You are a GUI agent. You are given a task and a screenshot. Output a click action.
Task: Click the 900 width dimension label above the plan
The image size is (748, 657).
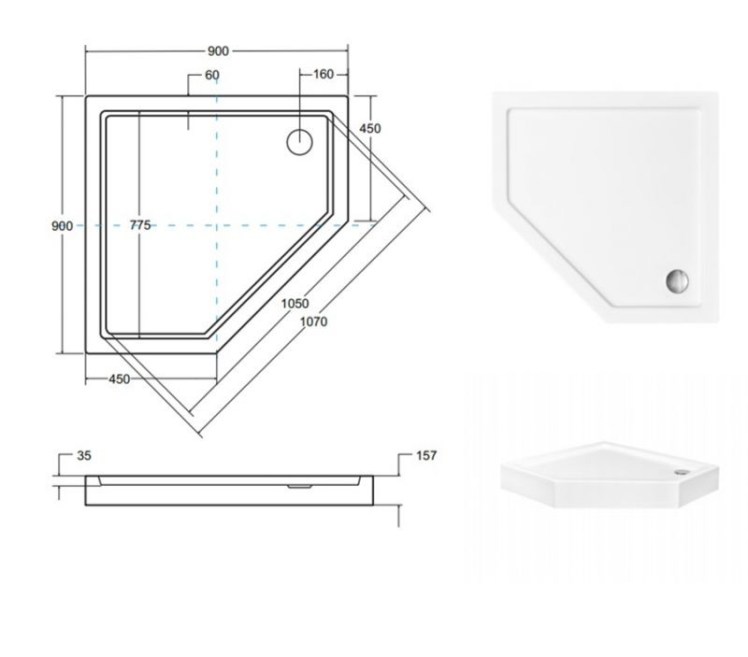tap(218, 51)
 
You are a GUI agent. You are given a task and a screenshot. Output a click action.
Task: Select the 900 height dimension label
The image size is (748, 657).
tap(62, 225)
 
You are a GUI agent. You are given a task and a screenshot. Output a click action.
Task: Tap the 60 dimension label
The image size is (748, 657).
tap(212, 76)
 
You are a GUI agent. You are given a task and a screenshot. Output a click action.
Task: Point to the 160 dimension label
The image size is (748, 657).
tap(324, 75)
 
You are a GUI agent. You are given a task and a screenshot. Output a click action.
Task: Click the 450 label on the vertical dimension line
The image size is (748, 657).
tap(370, 128)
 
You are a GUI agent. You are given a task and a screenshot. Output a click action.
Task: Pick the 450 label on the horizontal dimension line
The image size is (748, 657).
tap(120, 379)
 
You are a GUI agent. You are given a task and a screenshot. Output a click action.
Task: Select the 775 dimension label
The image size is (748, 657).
tap(140, 225)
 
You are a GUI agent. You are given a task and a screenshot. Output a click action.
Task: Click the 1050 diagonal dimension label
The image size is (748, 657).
tap(295, 303)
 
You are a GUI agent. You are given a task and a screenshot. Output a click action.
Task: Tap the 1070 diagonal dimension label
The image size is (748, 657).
tap(313, 321)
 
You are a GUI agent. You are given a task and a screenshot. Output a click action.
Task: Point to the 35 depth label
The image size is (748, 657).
tap(84, 456)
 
